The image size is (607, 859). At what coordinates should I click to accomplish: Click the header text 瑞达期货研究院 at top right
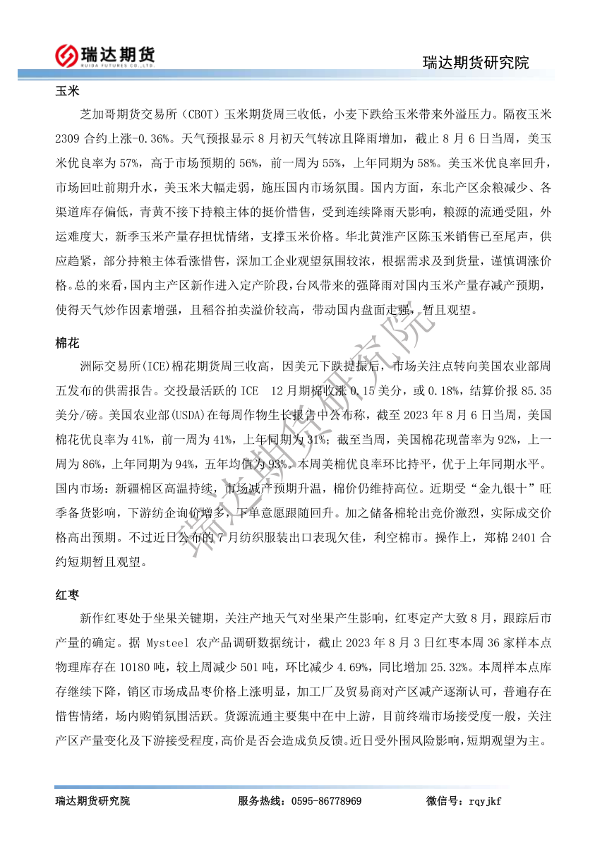[x=476, y=62]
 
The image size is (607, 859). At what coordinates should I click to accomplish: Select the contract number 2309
[x=71, y=131]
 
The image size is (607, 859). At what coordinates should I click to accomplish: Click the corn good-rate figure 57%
[x=128, y=151]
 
